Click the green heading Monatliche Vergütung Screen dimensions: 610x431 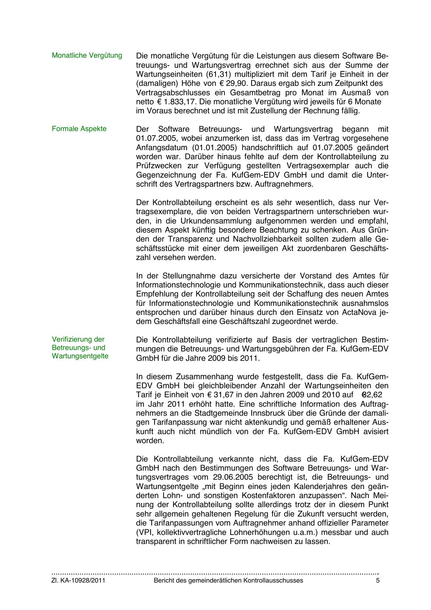point(87,55)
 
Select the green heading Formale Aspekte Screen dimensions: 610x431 point(79,129)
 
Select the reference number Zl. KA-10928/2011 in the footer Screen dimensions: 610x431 point(78,580)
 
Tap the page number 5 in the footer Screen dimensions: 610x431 point(378,580)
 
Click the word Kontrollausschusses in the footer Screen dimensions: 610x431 point(273,580)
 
